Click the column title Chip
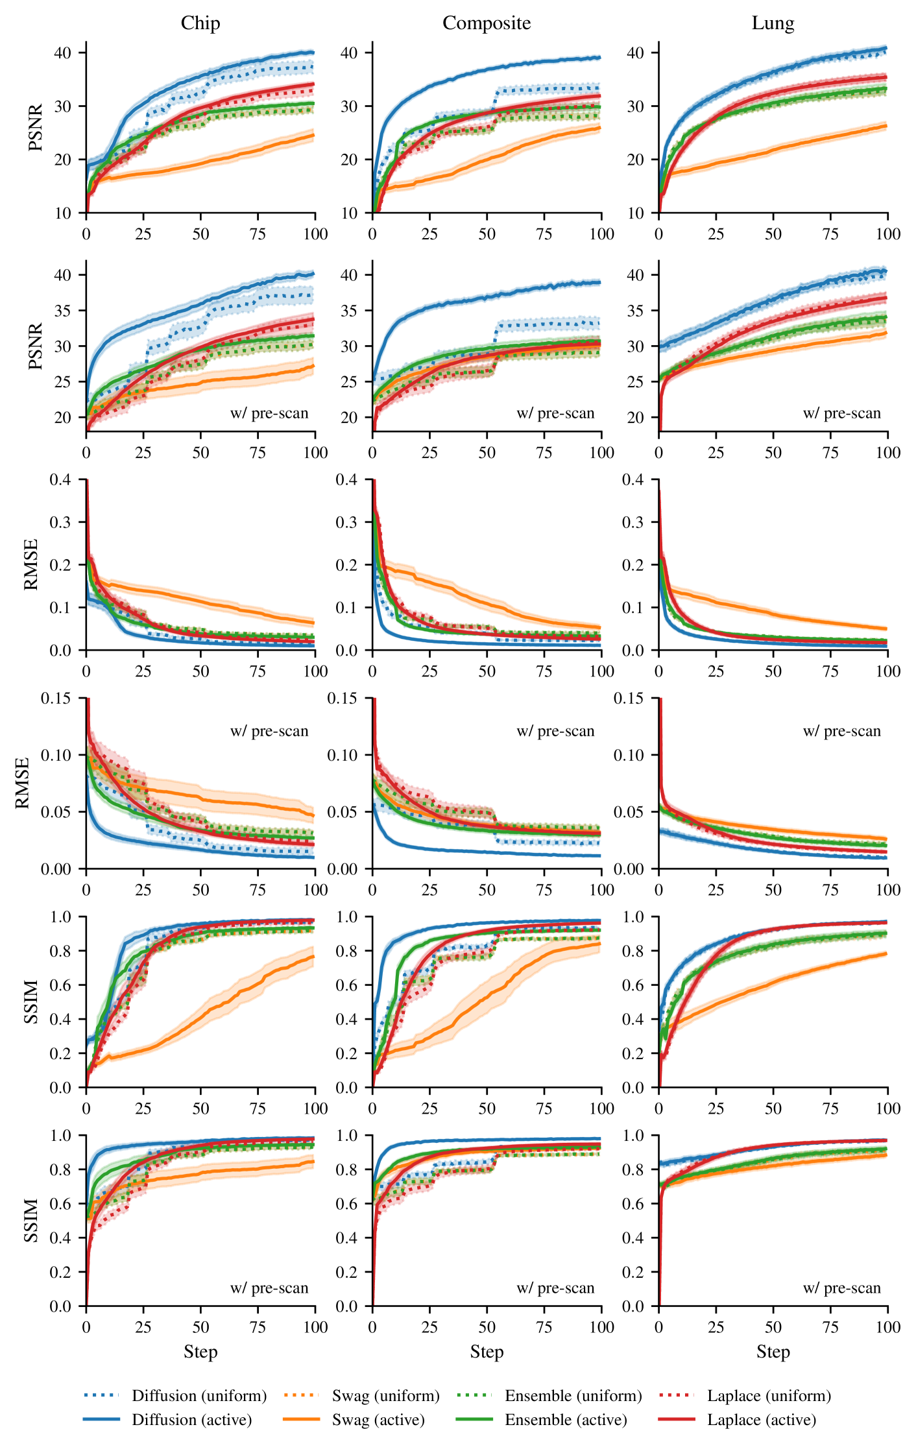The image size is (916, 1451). [200, 23]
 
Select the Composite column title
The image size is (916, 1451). [487, 23]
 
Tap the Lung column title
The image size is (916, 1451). [773, 23]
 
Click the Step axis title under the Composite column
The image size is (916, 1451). [487, 1352]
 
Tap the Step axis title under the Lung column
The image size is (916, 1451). [773, 1352]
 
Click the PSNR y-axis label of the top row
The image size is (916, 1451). [36, 127]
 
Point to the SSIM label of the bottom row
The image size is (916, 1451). [31, 1220]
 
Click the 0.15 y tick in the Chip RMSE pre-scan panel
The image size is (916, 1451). [56, 698]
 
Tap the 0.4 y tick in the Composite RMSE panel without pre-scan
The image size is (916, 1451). [347, 479]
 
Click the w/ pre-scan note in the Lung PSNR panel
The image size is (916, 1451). [841, 413]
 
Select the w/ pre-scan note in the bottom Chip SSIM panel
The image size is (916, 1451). [269, 1288]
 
